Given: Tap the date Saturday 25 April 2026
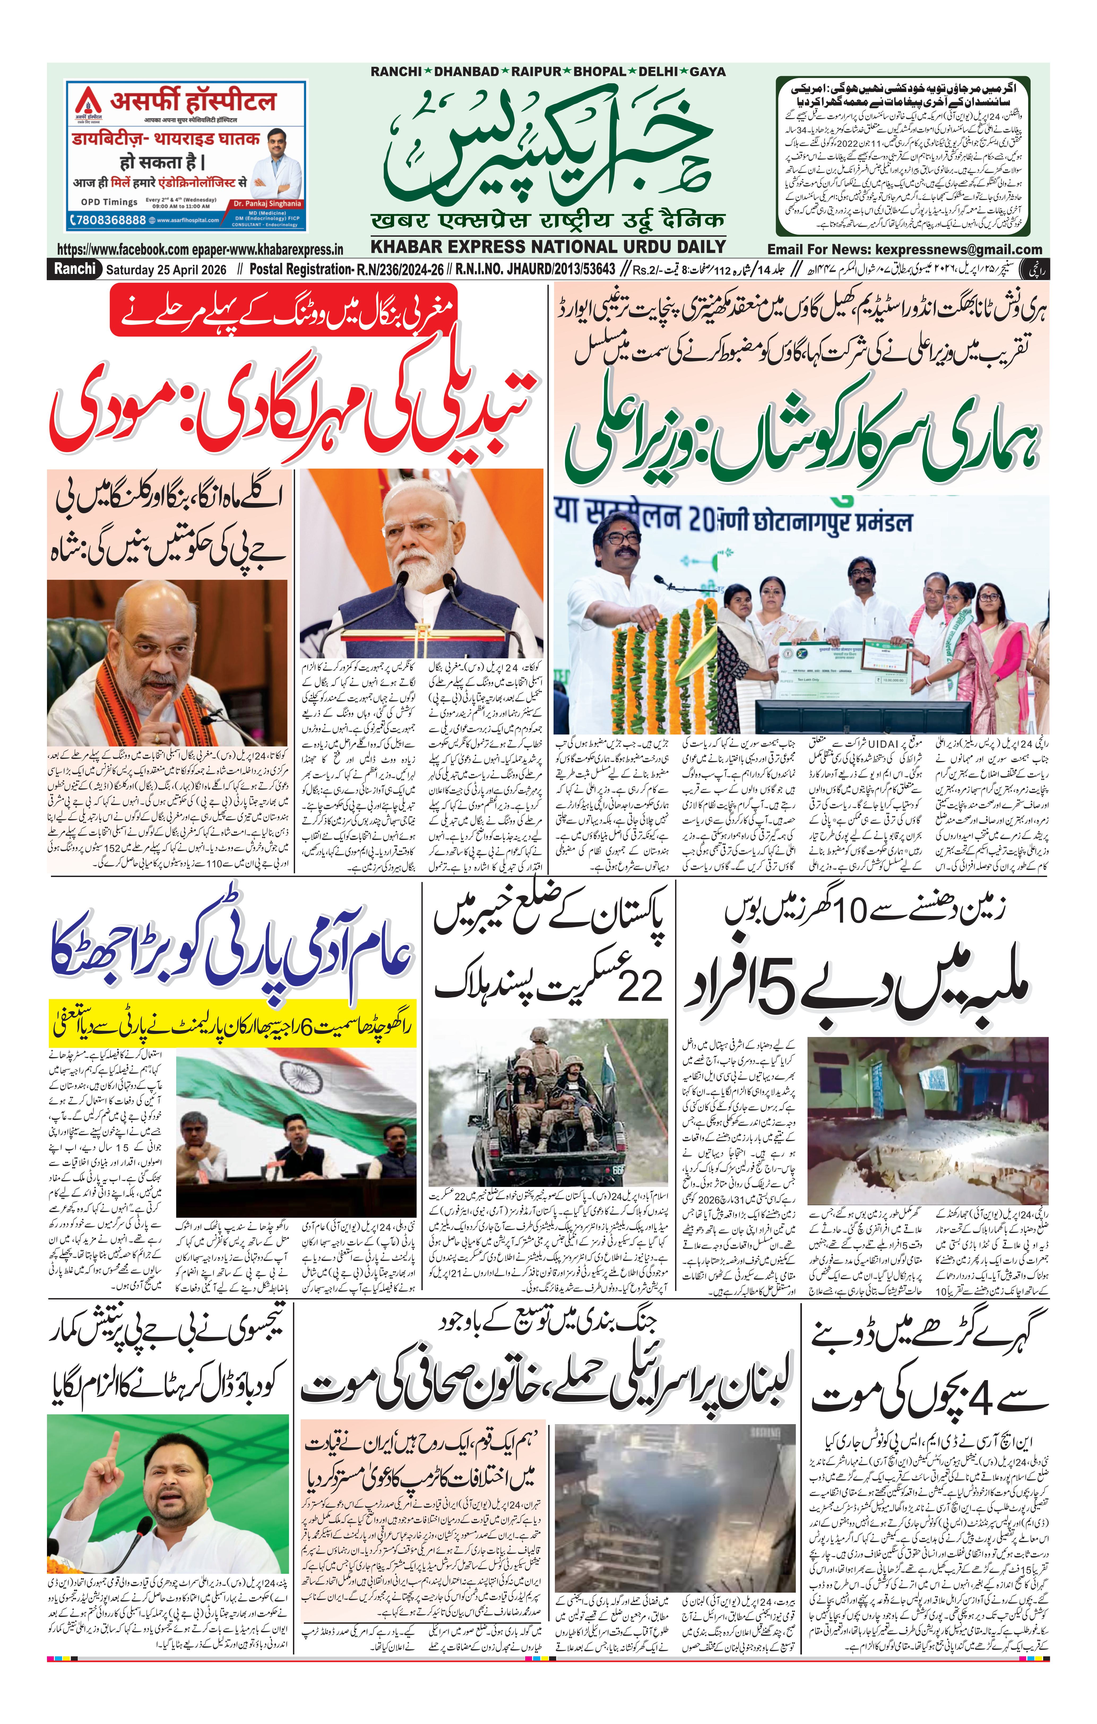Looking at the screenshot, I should pos(166,270).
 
